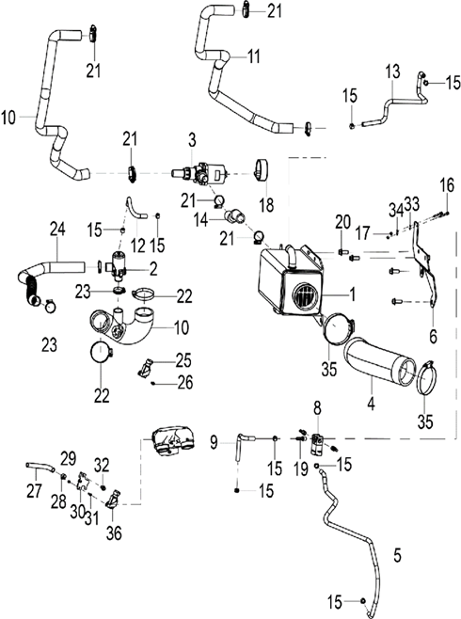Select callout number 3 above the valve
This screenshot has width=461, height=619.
tap(191, 140)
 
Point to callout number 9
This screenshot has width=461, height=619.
tap(215, 440)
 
